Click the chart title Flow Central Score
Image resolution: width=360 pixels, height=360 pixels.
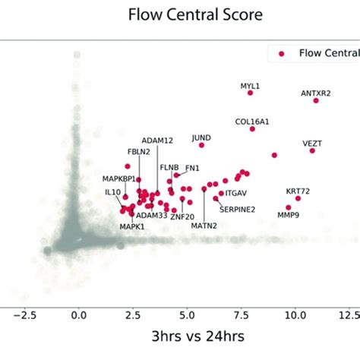[x=180, y=14]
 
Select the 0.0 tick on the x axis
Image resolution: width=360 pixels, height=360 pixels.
[x=78, y=314]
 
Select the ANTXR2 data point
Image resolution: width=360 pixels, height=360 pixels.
[x=316, y=100]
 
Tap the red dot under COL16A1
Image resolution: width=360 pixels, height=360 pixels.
[x=252, y=129]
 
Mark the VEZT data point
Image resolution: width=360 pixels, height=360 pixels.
[x=311, y=151]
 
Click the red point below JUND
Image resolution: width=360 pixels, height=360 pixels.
[x=201, y=145]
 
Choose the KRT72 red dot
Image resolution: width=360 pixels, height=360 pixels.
[x=298, y=198]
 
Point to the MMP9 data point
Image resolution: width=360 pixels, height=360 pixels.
[x=289, y=207]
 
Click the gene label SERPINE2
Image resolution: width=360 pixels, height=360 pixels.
[x=237, y=209]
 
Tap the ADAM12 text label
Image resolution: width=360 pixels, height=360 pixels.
[x=157, y=141]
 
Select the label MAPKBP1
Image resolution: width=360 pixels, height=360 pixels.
[x=119, y=178]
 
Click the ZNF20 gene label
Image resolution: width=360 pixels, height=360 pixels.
[x=182, y=217]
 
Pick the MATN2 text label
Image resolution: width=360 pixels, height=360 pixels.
[x=204, y=226]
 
